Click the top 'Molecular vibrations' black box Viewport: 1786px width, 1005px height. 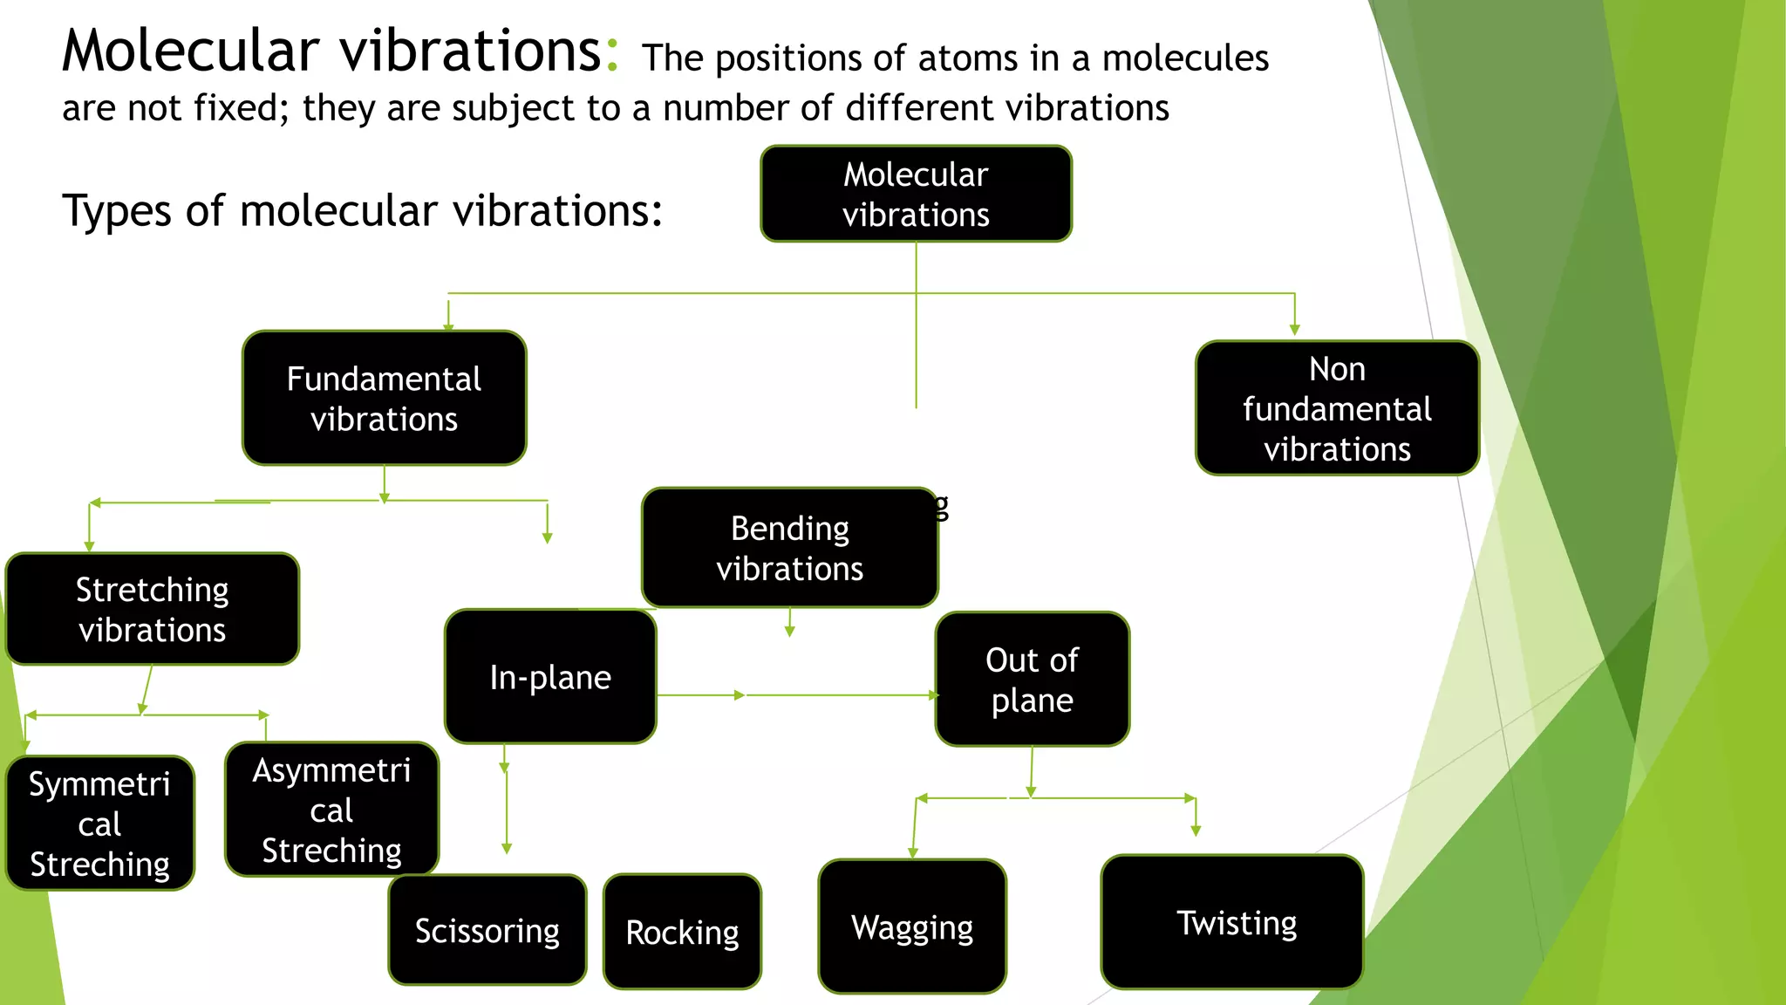[916, 194]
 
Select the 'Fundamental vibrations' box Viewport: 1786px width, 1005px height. [384, 399]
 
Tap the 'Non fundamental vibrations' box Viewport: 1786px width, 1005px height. [1337, 408]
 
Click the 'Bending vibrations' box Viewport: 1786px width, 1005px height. [789, 548]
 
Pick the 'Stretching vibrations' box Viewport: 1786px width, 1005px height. [153, 609]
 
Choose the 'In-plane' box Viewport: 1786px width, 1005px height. [550, 677]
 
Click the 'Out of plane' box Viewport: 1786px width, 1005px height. [1032, 680]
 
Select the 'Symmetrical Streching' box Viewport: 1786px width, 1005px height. [99, 824]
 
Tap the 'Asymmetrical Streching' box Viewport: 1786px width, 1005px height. [331, 810]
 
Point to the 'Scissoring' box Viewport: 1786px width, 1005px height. [487, 930]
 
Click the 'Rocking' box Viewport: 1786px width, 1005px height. [682, 932]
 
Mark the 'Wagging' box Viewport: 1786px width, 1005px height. [912, 926]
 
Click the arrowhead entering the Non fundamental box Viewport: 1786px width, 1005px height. [1294, 329]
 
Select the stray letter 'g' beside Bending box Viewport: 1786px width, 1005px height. [942, 506]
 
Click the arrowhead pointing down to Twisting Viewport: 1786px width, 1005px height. [1196, 831]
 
